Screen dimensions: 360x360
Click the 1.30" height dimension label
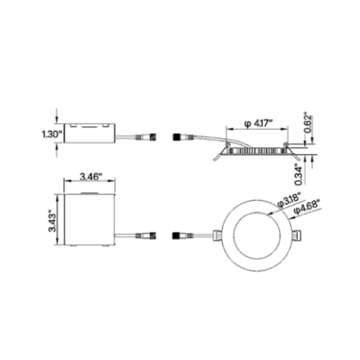(50, 134)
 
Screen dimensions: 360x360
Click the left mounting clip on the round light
(217, 235)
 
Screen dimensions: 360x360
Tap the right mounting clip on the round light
(297, 235)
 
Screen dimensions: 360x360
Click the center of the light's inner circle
(257, 235)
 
